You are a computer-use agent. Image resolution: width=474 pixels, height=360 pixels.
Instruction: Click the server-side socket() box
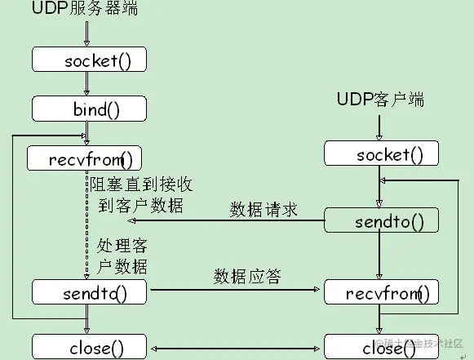[x=90, y=60]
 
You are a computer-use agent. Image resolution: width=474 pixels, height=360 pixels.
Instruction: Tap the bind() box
[x=90, y=108]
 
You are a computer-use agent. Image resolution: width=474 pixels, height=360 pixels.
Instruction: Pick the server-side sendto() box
[x=90, y=291]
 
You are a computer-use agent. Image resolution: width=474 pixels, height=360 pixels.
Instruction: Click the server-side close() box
[x=90, y=346]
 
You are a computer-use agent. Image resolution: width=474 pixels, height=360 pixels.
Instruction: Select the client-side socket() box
[x=380, y=154]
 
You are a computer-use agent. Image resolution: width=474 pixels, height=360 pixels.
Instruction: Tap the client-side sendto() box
[x=380, y=220]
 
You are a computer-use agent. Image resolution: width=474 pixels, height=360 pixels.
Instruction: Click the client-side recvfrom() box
[x=380, y=291]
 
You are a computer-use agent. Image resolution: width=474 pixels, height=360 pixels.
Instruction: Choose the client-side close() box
[x=380, y=347]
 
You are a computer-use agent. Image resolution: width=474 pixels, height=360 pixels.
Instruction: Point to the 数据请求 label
[x=263, y=209]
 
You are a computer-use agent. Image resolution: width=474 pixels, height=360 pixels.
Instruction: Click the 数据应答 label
[x=247, y=276]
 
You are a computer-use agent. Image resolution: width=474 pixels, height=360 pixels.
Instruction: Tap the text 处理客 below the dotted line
[x=122, y=246]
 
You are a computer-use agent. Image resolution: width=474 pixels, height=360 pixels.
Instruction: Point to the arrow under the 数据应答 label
[x=235, y=290]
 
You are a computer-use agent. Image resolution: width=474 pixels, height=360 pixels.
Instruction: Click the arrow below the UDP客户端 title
[x=378, y=127]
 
